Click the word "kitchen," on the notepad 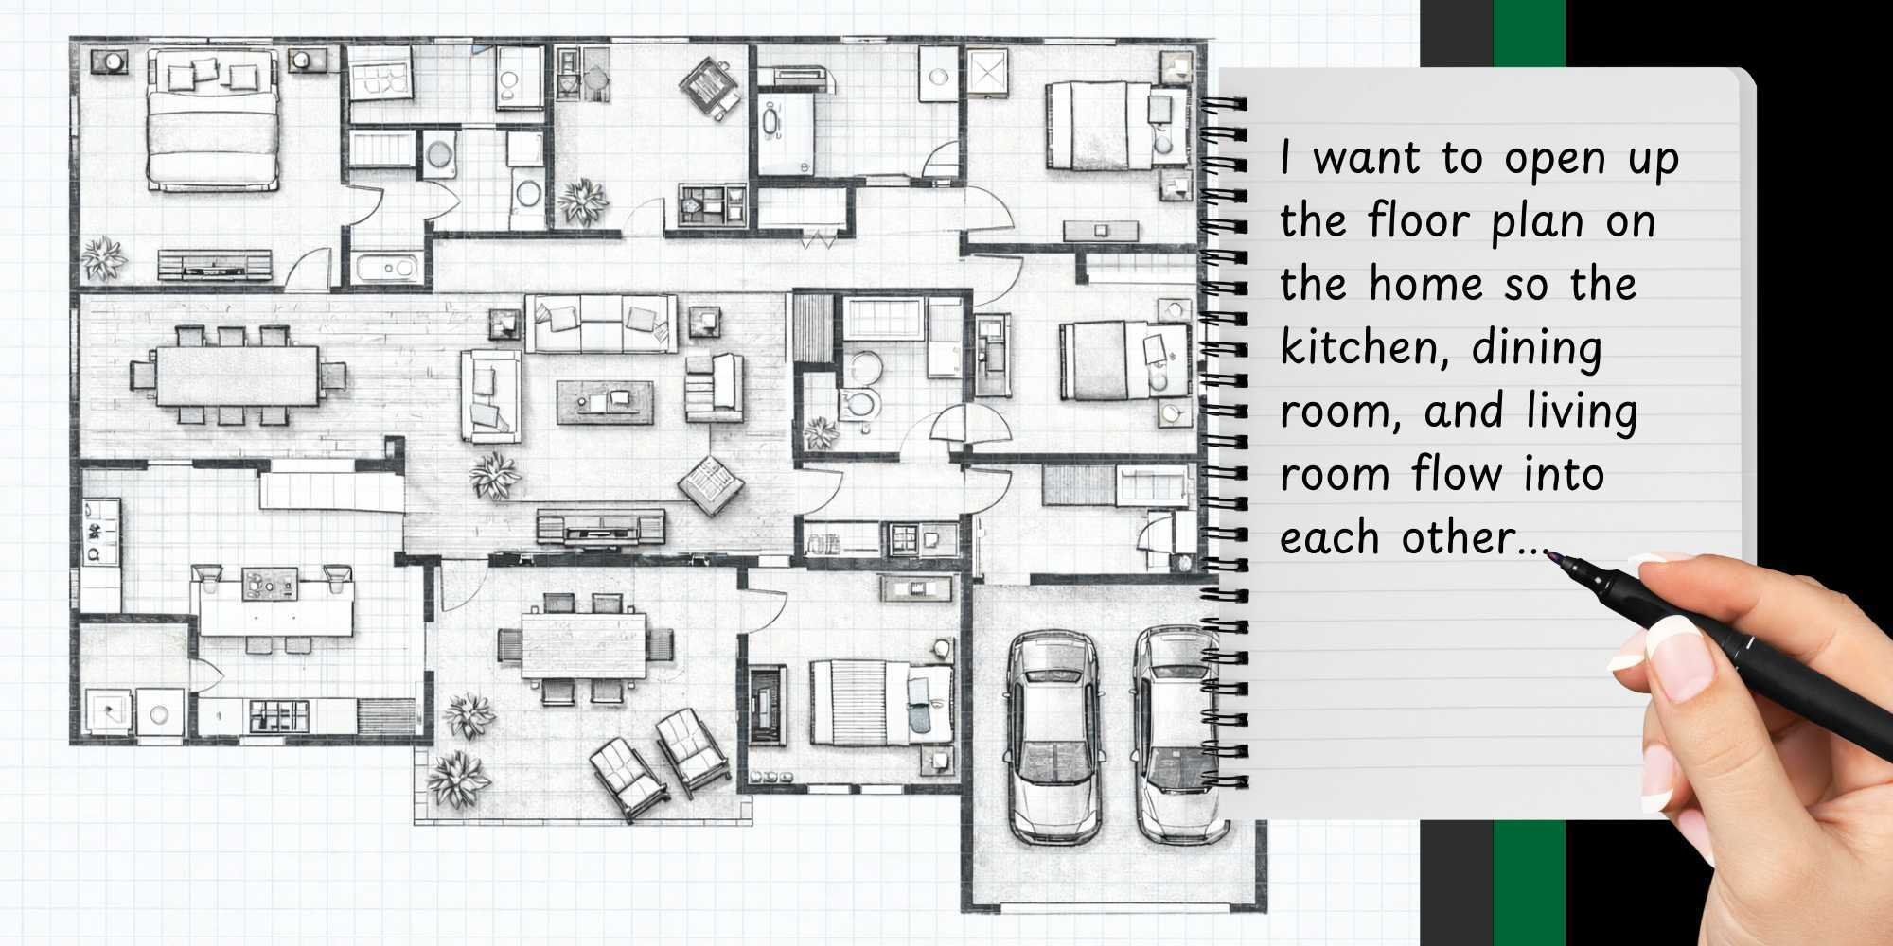pyautogui.click(x=1362, y=348)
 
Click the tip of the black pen pyautogui.click(x=1553, y=557)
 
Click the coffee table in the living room pyautogui.click(x=605, y=401)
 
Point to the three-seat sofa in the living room pyautogui.click(x=601, y=324)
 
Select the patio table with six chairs pyautogui.click(x=584, y=645)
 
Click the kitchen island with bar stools pyautogui.click(x=275, y=605)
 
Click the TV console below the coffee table pyautogui.click(x=601, y=527)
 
